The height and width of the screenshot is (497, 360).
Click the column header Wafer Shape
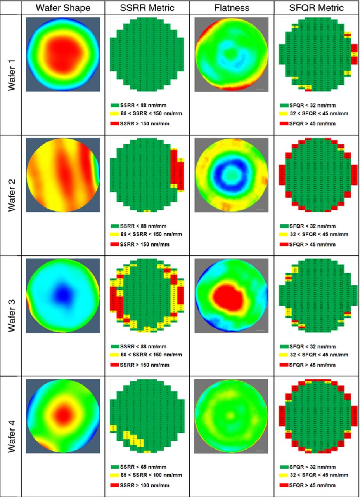pos(63,7)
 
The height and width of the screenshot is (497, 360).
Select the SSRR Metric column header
pos(147,7)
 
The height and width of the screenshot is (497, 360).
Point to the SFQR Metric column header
pos(316,7)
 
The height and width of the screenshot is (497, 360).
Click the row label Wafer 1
pos(11,75)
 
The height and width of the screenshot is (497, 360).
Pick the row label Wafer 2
pos(11,195)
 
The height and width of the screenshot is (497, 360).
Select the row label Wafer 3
pos(11,316)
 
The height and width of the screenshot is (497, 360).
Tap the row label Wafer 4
pos(11,436)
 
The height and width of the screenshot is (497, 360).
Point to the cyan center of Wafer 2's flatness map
pos(230,175)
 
